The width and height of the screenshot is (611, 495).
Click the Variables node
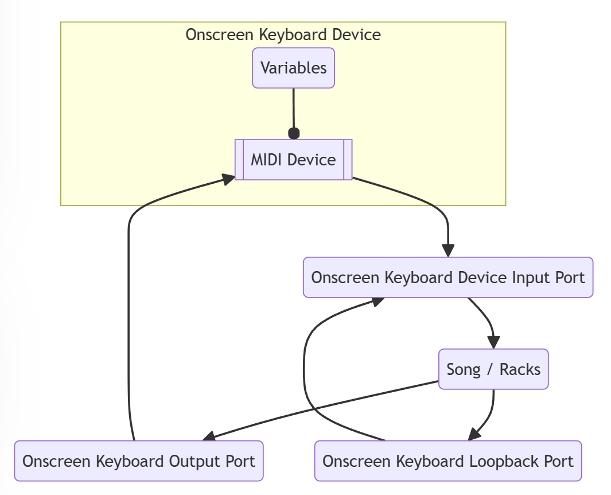click(x=293, y=68)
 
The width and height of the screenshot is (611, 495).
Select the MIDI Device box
click(x=293, y=159)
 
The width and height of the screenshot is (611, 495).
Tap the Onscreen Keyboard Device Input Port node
click(x=447, y=277)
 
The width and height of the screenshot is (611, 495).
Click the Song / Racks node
click(x=493, y=369)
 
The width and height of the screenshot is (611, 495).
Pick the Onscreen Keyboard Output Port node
click(x=138, y=461)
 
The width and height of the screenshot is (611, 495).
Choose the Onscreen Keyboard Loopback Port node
click(x=447, y=461)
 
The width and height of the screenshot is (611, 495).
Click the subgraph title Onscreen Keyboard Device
click(x=283, y=34)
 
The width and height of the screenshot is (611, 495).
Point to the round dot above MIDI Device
click(x=294, y=134)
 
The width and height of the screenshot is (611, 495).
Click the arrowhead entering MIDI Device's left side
click(x=228, y=178)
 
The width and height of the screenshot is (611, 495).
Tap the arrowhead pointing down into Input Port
click(x=448, y=251)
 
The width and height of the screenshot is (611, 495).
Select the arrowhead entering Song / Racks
click(x=493, y=342)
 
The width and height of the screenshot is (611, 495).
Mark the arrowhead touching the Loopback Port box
click(x=474, y=434)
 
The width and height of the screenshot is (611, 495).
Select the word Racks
click(x=520, y=369)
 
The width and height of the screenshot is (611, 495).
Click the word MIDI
click(x=268, y=159)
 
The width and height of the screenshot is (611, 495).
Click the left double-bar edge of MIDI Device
click(x=240, y=159)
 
